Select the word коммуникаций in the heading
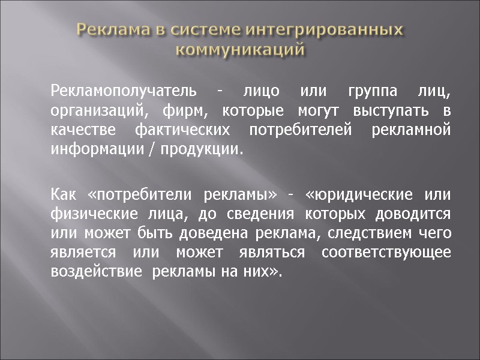click(x=240, y=49)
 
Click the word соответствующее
click(x=386, y=253)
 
